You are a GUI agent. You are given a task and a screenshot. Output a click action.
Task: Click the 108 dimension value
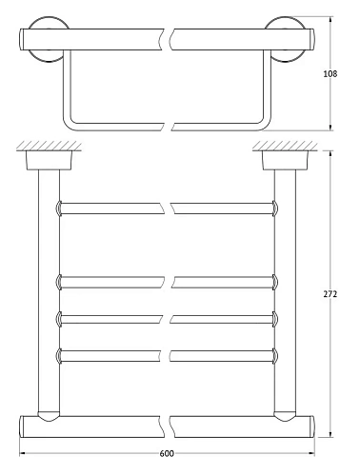[x=330, y=74]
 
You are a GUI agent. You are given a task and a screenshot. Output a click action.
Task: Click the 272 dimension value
[x=330, y=294]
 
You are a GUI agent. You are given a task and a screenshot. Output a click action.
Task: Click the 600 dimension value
[x=167, y=453]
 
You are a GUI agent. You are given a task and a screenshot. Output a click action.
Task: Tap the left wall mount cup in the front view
[x=49, y=160]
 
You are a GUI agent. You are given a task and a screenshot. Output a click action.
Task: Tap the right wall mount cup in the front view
[x=285, y=160]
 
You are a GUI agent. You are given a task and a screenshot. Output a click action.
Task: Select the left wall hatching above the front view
[x=49, y=146]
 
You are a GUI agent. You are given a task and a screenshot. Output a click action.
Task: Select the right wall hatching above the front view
[x=285, y=146]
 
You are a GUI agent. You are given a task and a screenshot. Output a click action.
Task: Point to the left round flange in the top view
[x=50, y=19]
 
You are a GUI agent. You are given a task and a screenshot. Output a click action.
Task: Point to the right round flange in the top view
[x=285, y=19]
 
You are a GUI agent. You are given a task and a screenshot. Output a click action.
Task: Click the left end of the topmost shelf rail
[x=59, y=208]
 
